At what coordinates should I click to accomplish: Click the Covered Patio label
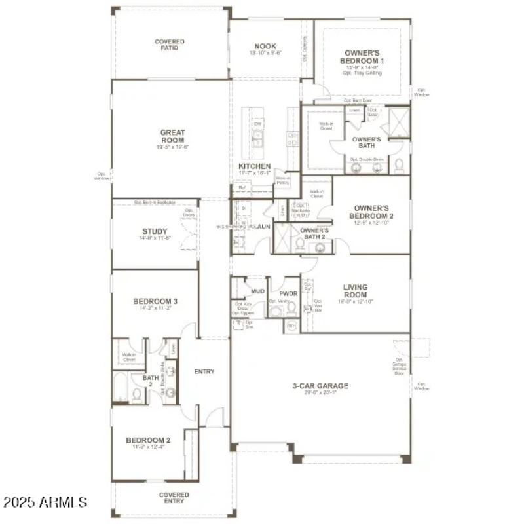point(169,45)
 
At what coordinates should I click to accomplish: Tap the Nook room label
point(265,47)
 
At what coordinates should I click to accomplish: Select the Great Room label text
point(172,136)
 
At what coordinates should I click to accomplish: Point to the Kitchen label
point(254,167)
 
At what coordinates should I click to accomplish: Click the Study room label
point(155,231)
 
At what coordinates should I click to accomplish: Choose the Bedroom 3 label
point(155,302)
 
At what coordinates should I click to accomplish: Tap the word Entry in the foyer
point(204,371)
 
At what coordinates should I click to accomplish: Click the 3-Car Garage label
point(320,386)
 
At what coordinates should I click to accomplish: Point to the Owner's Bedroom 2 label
point(371,212)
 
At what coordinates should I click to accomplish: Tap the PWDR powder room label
point(289,295)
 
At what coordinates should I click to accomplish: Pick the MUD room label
point(257,290)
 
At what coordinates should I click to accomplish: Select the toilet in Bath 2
point(137,394)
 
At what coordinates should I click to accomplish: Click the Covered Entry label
point(174,498)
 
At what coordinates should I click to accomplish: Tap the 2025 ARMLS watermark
point(45,502)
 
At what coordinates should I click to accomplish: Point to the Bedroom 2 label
point(148,440)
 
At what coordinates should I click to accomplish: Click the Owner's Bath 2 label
point(314,233)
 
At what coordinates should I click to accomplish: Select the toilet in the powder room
point(275,310)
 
